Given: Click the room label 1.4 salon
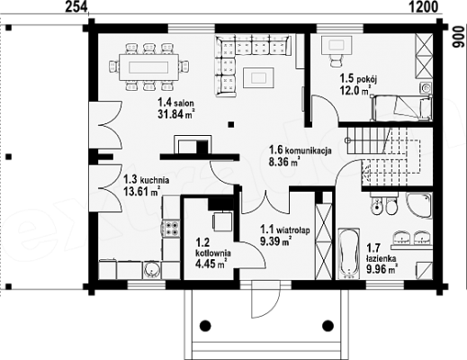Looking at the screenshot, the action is [x=175, y=103].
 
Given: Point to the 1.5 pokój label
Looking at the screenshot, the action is [x=358, y=79].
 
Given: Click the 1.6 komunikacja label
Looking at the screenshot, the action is [x=301, y=149].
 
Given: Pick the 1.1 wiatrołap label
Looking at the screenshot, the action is [x=285, y=230].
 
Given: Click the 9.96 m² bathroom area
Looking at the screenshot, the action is [x=382, y=269].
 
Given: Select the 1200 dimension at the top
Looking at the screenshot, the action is [x=424, y=6].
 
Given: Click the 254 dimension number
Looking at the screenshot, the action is [x=76, y=6].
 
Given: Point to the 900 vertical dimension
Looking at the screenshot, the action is [x=457, y=36].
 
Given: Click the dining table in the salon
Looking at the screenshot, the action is [x=148, y=67].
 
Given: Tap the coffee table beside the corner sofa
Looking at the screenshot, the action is [x=258, y=77].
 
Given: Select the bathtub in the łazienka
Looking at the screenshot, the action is [x=349, y=254].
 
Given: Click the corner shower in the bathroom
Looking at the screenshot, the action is [x=419, y=205].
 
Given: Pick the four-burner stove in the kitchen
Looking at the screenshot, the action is [x=172, y=228].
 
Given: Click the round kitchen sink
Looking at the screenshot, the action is [x=152, y=270].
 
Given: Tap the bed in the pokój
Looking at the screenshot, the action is [x=401, y=108].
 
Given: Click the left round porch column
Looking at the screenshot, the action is [x=205, y=325].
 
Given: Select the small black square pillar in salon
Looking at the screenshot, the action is [x=230, y=124].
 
